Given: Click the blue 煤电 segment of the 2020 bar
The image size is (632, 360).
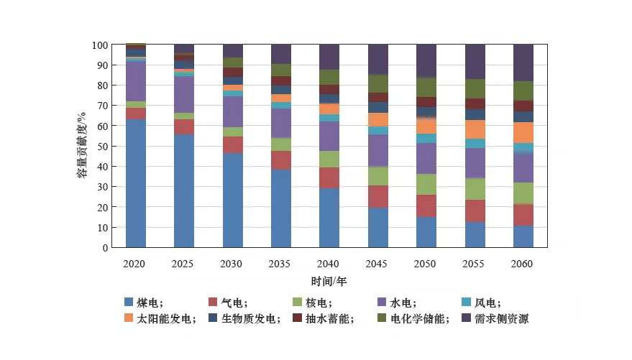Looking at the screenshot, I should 135,183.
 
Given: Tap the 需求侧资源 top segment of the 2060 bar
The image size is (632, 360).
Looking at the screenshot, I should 523,63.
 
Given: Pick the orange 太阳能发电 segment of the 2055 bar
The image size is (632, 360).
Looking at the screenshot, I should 475,129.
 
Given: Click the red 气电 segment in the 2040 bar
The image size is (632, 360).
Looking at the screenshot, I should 329,177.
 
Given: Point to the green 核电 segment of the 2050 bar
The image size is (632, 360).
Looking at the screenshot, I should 426,184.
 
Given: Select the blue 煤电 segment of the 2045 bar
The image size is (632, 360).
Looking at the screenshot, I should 378,227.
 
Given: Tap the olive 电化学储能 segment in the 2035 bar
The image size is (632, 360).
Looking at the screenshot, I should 281,70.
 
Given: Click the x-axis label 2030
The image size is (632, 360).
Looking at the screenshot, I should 232,264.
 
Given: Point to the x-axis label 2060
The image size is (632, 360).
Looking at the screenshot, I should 523,264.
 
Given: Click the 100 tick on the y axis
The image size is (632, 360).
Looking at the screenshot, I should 100,45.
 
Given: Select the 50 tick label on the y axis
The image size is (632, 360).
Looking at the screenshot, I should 102,147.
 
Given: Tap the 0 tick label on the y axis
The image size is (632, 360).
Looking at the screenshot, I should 105,248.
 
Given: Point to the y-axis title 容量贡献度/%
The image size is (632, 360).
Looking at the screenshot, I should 83,147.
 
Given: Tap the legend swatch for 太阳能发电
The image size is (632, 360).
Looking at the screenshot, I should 129,318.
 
